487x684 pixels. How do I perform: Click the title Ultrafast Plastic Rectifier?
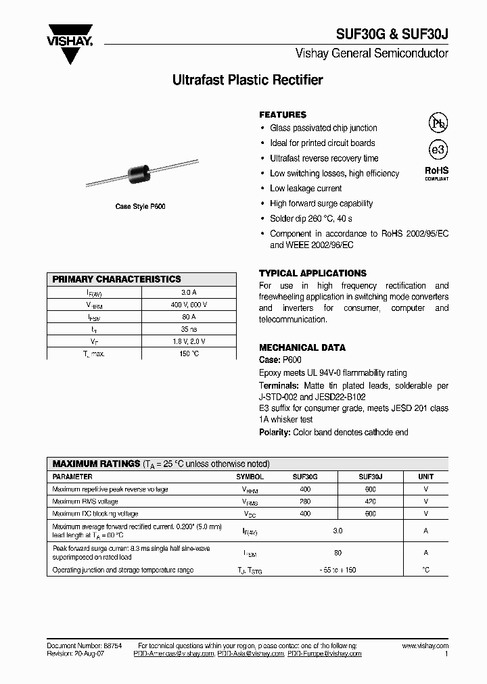coord(248,80)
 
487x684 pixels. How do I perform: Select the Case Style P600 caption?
coord(140,207)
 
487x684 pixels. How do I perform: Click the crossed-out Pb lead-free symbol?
coord(438,122)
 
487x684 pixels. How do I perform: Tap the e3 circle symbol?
coord(438,150)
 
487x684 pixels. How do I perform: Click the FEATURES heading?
coord(283,115)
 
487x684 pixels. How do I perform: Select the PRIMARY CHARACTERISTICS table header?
coord(117,279)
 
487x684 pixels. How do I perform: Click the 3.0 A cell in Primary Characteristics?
coord(189,293)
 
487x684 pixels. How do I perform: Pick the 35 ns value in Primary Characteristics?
coord(189,329)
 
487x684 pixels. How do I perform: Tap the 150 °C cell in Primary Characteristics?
coord(189,353)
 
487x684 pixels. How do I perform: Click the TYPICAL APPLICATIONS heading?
coord(312,274)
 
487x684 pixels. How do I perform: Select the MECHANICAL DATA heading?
coord(302,347)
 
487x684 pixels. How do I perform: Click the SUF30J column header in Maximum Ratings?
coord(370,477)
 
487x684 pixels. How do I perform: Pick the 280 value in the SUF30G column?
coord(305,502)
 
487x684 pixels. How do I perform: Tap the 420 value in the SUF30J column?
coord(370,502)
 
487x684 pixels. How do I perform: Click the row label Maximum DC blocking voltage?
coord(95,514)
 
